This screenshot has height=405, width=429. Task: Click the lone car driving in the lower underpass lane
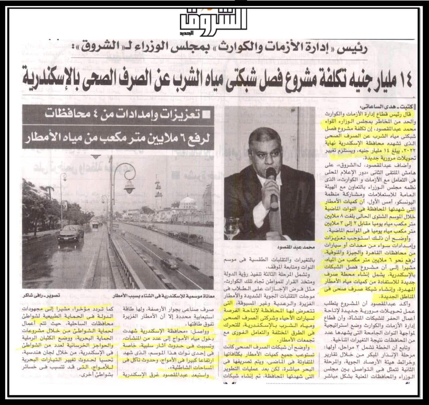point(172,264)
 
